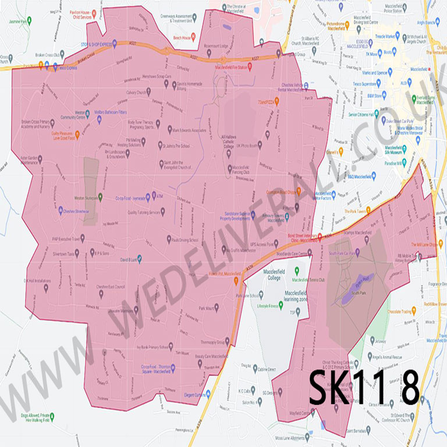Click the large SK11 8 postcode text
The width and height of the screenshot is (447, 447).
[x=363, y=387]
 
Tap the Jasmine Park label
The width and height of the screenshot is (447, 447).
[x=19, y=21]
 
